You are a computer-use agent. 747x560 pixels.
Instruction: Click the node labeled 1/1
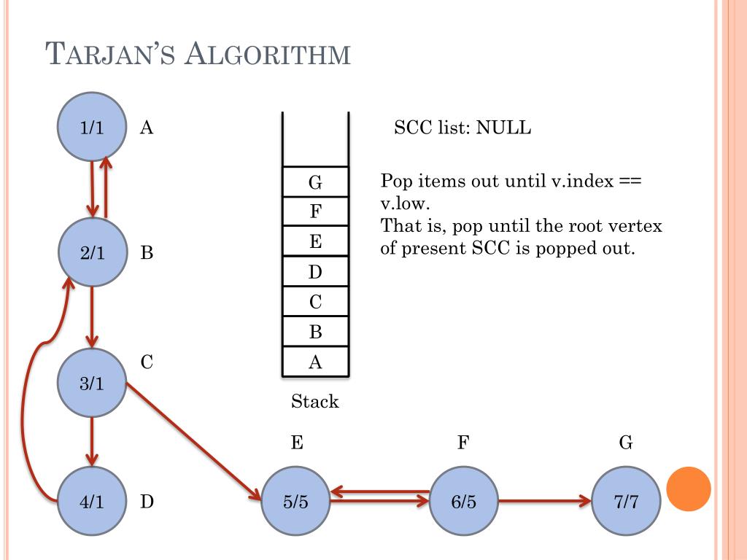92,128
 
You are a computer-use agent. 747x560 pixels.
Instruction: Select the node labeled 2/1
92,253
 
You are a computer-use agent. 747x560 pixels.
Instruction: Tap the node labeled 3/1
92,383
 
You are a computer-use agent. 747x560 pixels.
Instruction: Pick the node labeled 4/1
92,502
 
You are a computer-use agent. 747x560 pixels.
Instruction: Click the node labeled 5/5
295,502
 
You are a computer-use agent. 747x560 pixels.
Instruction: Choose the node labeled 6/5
463,502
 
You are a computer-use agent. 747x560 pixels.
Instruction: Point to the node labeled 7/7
626,502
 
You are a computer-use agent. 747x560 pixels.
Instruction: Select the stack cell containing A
315,362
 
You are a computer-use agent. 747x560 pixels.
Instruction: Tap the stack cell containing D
315,273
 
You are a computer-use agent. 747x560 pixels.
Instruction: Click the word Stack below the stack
315,401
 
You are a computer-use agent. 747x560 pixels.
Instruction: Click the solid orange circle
689,489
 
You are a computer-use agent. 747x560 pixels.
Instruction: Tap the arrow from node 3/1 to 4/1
91,440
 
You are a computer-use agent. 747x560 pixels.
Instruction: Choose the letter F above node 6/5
462,442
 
